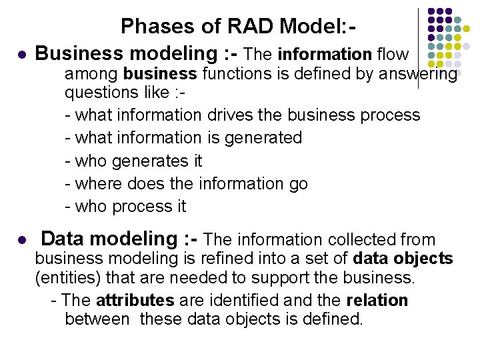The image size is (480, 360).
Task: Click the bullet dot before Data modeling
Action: (x=21, y=240)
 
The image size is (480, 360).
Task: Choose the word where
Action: (x=97, y=183)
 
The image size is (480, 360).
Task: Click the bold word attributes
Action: (x=135, y=301)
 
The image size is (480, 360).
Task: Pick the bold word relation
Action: (x=377, y=301)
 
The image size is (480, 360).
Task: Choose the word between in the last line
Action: (x=97, y=319)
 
